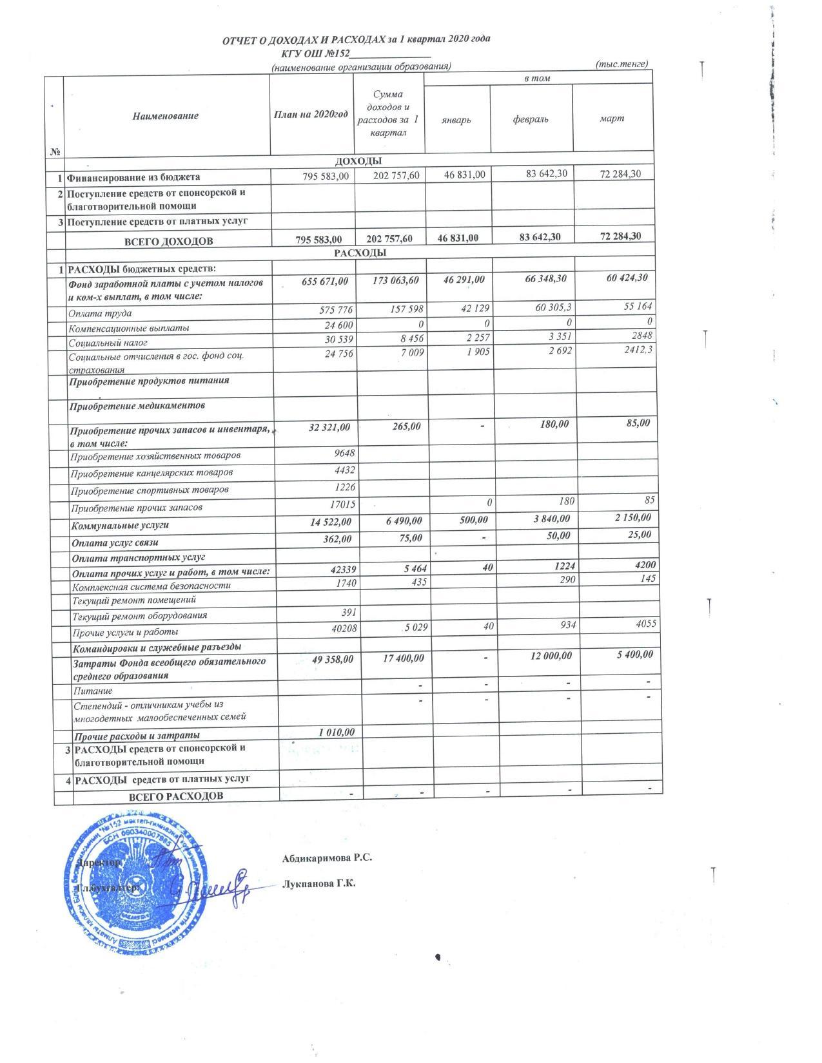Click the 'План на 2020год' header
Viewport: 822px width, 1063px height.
tap(311, 115)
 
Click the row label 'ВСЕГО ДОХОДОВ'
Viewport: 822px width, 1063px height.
tap(169, 242)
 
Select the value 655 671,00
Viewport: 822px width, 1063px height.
tap(325, 281)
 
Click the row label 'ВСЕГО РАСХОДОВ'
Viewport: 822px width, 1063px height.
tap(176, 796)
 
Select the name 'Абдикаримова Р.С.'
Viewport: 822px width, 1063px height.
tap(328, 858)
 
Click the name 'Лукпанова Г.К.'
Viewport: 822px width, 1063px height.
tap(319, 884)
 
